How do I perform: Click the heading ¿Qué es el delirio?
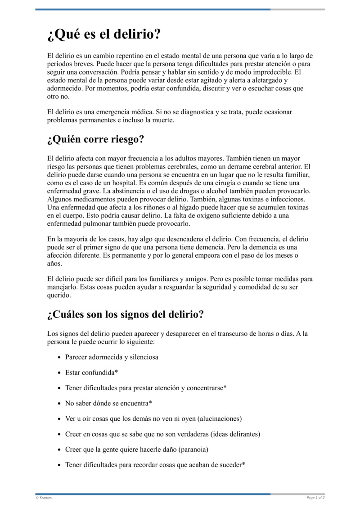coord(104,35)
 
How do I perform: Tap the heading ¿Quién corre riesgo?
coord(95,139)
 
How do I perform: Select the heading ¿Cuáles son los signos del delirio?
coord(125,314)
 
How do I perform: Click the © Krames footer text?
coord(44,498)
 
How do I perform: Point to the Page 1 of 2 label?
coord(315,498)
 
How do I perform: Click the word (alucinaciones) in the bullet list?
coord(220,419)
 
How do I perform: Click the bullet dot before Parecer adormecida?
coord(60,357)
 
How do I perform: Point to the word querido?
coord(59,295)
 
